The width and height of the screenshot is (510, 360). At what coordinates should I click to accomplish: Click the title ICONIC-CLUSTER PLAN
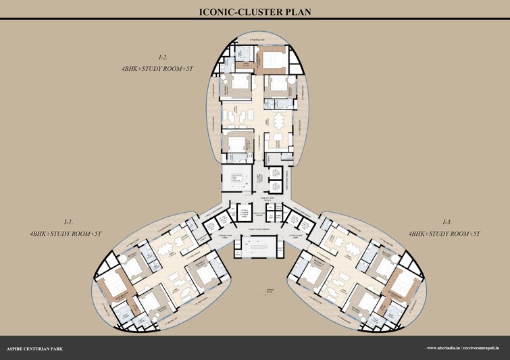coord(255,11)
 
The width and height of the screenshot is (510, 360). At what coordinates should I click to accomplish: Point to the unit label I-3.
coord(447,222)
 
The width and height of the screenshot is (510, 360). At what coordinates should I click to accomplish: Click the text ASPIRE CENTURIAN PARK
coord(36,349)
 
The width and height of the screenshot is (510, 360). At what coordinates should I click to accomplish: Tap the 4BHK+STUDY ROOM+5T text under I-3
coord(444,234)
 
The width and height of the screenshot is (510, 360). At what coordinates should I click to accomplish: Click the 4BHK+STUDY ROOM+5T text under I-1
coord(66,234)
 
